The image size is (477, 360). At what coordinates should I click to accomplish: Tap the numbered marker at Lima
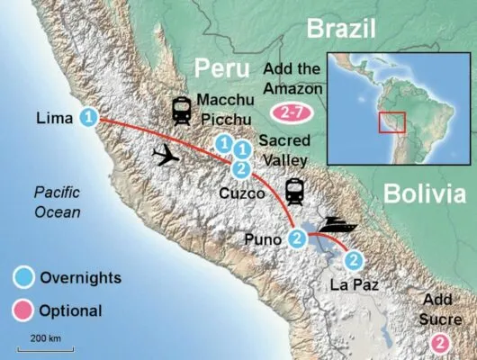pyautogui.click(x=88, y=116)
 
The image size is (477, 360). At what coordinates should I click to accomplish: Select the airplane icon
pyautogui.click(x=166, y=156)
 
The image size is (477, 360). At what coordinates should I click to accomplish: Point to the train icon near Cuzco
pyautogui.click(x=294, y=191)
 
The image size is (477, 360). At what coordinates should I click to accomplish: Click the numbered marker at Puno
pyautogui.click(x=298, y=238)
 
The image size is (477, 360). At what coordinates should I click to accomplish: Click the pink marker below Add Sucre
pyautogui.click(x=439, y=341)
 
